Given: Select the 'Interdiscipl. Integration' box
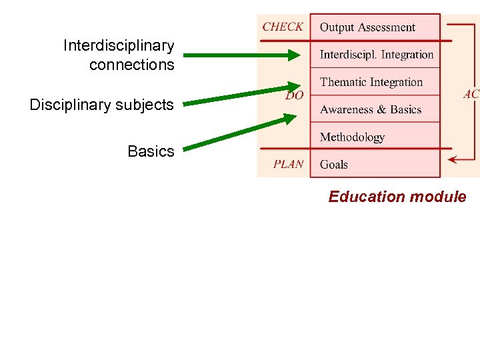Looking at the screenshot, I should (x=375, y=55).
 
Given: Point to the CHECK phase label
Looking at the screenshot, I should (x=283, y=27).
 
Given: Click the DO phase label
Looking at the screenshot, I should (x=294, y=96).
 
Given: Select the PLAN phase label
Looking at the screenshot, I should (x=288, y=164).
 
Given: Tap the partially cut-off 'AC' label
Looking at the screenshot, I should (x=471, y=95).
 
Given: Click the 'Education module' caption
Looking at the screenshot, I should (x=397, y=197).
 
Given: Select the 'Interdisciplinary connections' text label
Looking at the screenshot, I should (x=119, y=55).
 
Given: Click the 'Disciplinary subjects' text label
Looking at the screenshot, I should (x=101, y=105).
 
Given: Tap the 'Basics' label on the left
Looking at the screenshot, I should (x=151, y=151).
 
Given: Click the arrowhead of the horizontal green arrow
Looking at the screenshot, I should (x=294, y=55).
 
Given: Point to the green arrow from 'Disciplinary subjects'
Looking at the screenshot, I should (x=240, y=95).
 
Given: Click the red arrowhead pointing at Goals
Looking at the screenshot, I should (x=453, y=159).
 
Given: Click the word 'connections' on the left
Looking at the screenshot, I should (x=131, y=65).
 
